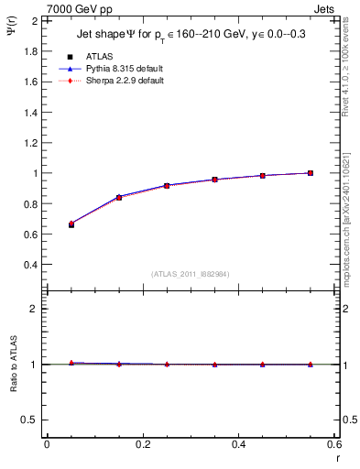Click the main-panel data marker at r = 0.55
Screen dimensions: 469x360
(311, 172)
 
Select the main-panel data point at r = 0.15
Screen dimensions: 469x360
(119, 197)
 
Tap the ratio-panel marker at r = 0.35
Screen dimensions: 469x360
(214, 365)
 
